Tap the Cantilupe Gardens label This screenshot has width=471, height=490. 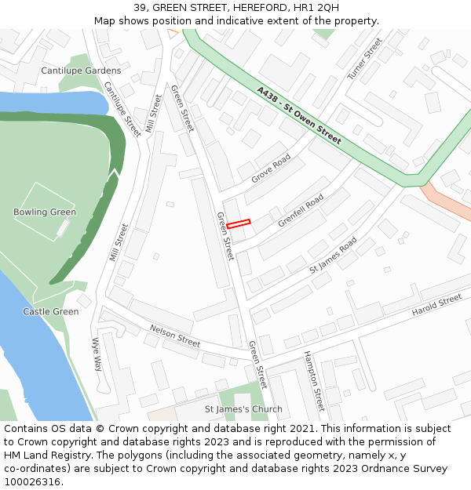pos(81,71)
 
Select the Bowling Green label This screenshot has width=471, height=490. pos(45,212)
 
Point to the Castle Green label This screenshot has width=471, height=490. pos(51,312)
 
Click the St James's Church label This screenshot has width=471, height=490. pos(243,409)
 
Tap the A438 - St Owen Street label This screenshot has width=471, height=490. pos(299,115)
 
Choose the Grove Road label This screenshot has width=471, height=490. pos(271,169)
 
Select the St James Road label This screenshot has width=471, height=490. pos(333,255)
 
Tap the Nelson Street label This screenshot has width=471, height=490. pos(175,336)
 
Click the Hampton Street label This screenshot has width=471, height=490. pos(314,382)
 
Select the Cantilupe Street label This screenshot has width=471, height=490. pos(123,110)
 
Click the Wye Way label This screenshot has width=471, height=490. pos(97,354)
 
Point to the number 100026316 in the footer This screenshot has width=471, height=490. pos(33,481)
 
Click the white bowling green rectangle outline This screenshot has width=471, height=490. pos(45,211)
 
